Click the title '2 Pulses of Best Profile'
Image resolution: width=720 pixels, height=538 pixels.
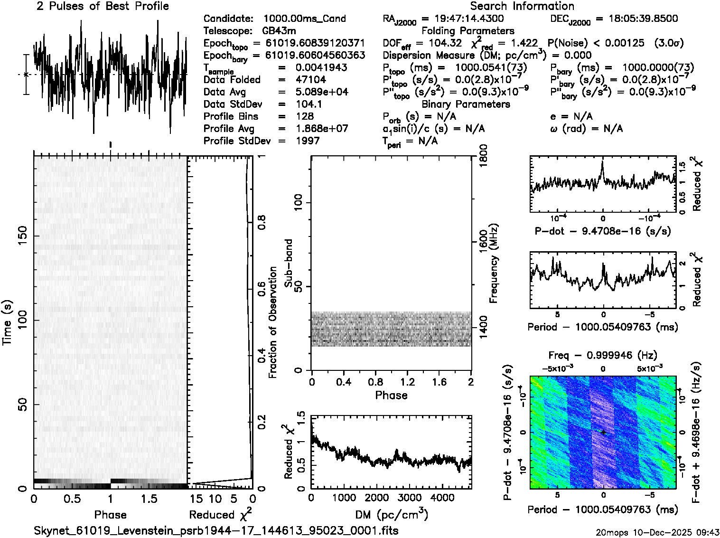pyautogui.click(x=103, y=6)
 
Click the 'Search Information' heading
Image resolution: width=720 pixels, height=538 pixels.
pyautogui.click(x=522, y=6)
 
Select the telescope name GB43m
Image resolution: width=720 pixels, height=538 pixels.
pyautogui.click(x=279, y=31)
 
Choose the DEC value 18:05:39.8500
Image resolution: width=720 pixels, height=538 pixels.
pyautogui.click(x=636, y=19)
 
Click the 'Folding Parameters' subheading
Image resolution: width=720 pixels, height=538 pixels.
pyautogui.click(x=468, y=31)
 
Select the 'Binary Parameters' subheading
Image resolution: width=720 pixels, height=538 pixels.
pyautogui.click(x=466, y=104)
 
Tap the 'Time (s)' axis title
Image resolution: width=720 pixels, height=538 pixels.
pyautogui.click(x=7, y=322)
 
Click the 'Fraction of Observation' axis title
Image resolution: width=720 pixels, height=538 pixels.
pyautogui.click(x=273, y=322)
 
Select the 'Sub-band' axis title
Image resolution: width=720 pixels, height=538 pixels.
pyautogui.click(x=289, y=263)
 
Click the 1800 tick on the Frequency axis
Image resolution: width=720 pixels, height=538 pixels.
pyautogui.click(x=483, y=155)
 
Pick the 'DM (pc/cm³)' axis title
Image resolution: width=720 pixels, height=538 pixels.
pyautogui.click(x=391, y=515)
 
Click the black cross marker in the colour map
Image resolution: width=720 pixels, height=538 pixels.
pyautogui.click(x=603, y=432)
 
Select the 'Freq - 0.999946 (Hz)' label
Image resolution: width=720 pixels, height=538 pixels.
pyautogui.click(x=602, y=355)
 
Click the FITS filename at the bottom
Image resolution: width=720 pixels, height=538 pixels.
pyautogui.click(x=216, y=530)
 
